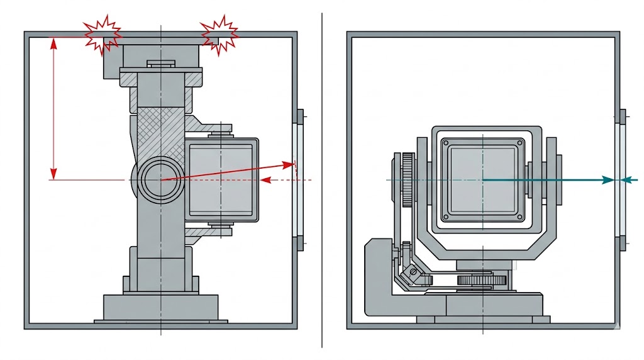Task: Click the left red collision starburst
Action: pos(102,35)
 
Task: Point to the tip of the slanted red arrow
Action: pos(294,165)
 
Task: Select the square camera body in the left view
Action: pos(222,179)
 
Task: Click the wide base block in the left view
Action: pos(161,307)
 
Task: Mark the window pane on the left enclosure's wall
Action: pos(299,179)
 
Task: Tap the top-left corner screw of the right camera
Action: pos(446,143)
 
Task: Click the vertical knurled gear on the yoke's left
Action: pos(407,180)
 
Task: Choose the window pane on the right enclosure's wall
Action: pos(621,179)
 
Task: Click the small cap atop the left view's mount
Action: pos(161,63)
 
